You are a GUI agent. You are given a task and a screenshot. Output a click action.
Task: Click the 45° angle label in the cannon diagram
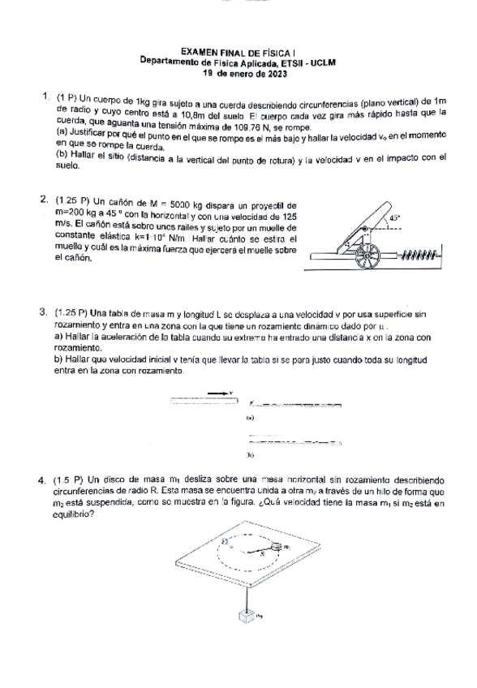click(395, 218)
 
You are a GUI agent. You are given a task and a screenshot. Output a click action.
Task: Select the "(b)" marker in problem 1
click(61, 155)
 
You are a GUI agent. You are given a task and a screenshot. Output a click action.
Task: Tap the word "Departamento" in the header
click(173, 62)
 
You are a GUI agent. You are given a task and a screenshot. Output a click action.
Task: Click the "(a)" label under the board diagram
click(249, 419)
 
